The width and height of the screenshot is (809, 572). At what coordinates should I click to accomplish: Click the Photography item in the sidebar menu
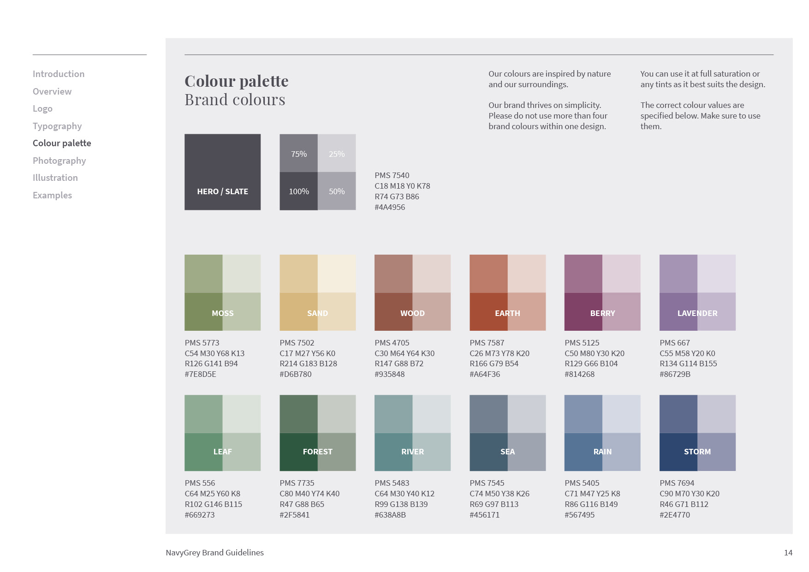pos(59,161)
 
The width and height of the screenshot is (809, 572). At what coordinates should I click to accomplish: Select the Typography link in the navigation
pos(57,126)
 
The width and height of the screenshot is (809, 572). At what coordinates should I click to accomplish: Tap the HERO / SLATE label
pos(222,191)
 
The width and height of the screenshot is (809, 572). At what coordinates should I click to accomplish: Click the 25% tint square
pos(337,153)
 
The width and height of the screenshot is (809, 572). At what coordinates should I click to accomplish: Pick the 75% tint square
pos(299,153)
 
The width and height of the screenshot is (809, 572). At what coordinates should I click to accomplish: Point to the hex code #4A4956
pos(390,207)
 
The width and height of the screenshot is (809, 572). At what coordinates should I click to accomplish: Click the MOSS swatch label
pos(222,313)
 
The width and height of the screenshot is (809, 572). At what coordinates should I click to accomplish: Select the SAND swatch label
pos(317,313)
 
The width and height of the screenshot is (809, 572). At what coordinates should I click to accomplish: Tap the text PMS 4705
pos(392,343)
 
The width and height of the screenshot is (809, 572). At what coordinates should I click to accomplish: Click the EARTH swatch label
pos(507,313)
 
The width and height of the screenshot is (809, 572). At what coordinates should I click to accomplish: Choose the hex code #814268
pos(580,374)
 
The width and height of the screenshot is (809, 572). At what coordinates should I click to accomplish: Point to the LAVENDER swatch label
pos(697,313)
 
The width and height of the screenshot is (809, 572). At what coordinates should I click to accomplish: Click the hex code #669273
pos(200,515)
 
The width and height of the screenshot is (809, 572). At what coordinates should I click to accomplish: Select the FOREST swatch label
pos(317,452)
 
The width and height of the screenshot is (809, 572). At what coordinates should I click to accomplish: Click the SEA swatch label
pos(507,452)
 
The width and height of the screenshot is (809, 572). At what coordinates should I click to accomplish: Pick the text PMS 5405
pos(582,483)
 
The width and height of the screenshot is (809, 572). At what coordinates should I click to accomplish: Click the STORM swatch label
pos(697,452)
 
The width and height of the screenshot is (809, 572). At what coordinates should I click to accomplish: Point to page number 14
pos(788,553)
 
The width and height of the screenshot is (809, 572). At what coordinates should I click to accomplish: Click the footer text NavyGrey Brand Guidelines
pos(214,553)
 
